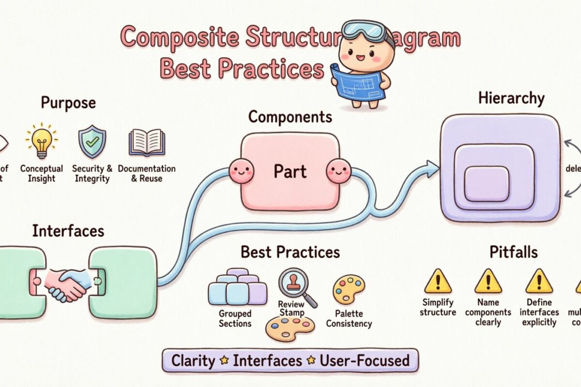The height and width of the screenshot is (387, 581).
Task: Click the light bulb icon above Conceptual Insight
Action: [41, 141]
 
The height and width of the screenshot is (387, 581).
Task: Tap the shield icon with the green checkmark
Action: [92, 142]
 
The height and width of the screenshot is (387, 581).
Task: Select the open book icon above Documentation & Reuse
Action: [146, 142]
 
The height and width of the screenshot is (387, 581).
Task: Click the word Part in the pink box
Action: [290, 171]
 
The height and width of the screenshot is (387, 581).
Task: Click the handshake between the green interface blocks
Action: [67, 284]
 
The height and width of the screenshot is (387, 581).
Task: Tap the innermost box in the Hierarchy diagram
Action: [487, 183]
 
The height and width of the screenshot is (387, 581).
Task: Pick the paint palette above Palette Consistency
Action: [349, 289]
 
